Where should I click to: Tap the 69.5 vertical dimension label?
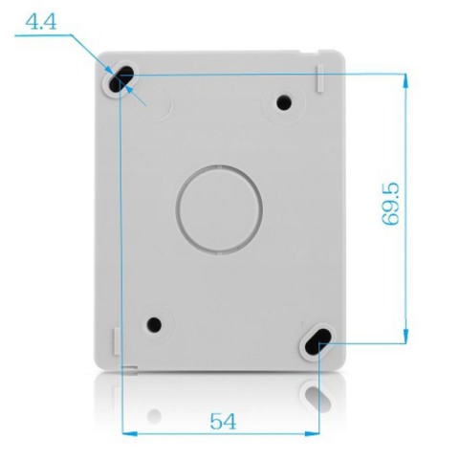click(x=390, y=200)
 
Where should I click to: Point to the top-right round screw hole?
click(x=283, y=102)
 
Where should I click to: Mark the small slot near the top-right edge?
click(x=319, y=78)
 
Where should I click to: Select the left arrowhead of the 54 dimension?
click(x=130, y=433)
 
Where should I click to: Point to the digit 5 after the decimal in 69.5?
click(x=390, y=181)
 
